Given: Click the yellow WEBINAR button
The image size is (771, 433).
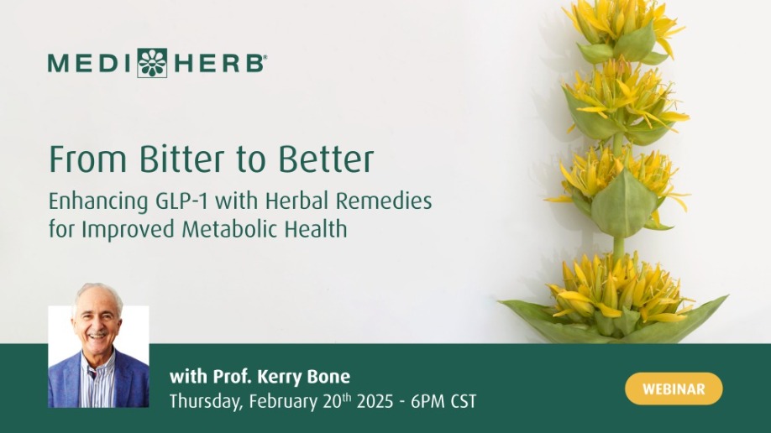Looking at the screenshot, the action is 674,389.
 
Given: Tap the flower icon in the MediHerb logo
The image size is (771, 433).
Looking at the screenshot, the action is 152,63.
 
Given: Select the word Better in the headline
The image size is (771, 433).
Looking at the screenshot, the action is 326,159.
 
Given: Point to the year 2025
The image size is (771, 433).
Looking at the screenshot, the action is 375,402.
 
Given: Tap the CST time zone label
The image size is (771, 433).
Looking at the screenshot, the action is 464,402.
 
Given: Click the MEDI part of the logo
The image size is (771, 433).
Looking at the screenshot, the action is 90,64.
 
